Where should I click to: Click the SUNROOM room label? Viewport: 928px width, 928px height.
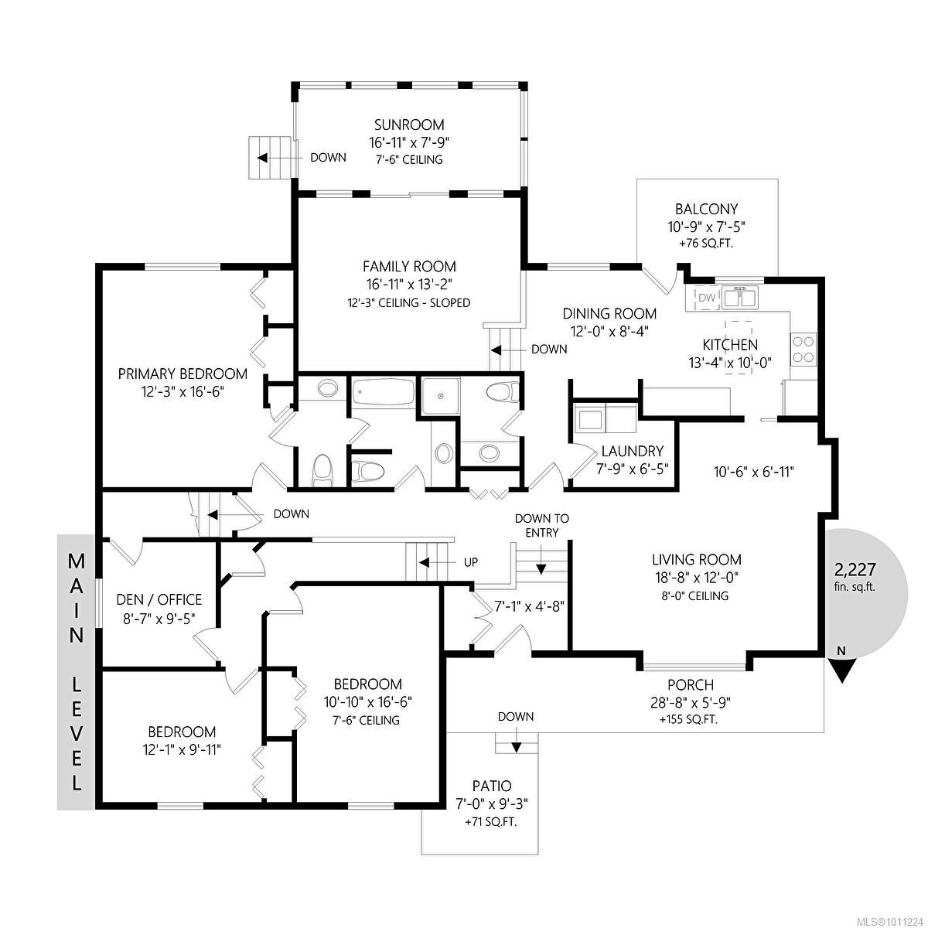coord(409,125)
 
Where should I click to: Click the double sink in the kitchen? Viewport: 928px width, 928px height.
coord(741,296)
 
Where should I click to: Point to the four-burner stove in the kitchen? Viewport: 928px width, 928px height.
coord(803,348)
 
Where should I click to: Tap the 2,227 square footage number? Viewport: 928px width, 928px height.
coord(855,570)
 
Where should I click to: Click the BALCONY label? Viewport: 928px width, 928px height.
coord(706,209)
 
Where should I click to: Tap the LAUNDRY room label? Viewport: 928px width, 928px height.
coord(632,451)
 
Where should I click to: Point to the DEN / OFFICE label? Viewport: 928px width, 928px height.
coord(159,599)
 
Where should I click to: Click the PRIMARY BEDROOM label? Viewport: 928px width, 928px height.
coord(183,374)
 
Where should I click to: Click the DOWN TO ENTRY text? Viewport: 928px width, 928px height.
coord(541,525)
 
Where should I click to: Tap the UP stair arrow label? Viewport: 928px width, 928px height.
coord(470,562)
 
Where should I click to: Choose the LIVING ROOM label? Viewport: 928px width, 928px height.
coord(696,559)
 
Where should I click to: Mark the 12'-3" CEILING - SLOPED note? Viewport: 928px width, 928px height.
coord(409,302)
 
